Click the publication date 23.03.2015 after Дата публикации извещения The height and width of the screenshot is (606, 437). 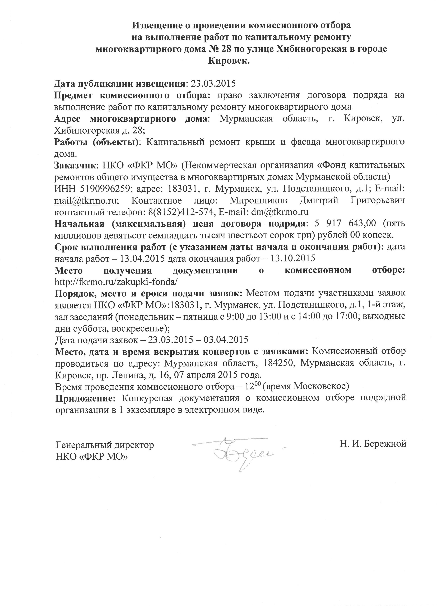pyautogui.click(x=213, y=84)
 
